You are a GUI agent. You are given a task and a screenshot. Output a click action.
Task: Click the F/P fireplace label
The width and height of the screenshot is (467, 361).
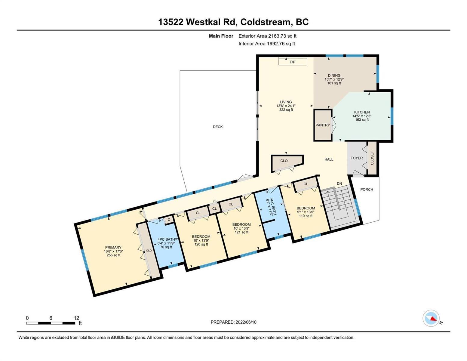pos(292,62)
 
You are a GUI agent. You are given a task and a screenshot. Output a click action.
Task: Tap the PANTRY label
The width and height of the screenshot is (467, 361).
pos(323,125)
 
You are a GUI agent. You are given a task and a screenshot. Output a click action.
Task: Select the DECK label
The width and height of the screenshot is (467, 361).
pos(218,127)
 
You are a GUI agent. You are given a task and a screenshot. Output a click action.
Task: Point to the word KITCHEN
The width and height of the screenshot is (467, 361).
pos(362,112)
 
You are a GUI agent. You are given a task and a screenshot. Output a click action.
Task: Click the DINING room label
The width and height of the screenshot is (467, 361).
pos(334,76)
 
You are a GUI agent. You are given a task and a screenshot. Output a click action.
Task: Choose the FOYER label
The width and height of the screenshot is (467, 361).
pos(357,158)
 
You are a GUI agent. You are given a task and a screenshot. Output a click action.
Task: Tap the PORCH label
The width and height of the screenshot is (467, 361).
pos(367,190)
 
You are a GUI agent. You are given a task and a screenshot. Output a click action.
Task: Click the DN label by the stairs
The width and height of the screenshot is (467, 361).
pos(339,184)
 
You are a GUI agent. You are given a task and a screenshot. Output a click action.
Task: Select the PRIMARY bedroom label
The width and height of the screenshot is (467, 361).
pos(113,248)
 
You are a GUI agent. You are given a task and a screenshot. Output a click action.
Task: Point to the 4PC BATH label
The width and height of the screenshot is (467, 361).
pos(166,239)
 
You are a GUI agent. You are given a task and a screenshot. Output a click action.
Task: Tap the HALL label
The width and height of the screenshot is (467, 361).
pos(329,159)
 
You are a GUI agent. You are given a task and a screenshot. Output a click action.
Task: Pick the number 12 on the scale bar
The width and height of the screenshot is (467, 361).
pos(76,318)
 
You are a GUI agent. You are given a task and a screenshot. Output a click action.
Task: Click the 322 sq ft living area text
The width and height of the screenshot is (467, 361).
pos(286,110)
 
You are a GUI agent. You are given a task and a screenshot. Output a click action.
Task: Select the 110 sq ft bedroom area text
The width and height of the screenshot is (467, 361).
pos(306,216)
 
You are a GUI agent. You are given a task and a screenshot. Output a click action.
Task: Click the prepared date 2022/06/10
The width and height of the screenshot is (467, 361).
pos(246,322)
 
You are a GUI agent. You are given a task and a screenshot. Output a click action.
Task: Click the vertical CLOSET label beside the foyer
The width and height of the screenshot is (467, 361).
pos(372,158)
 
